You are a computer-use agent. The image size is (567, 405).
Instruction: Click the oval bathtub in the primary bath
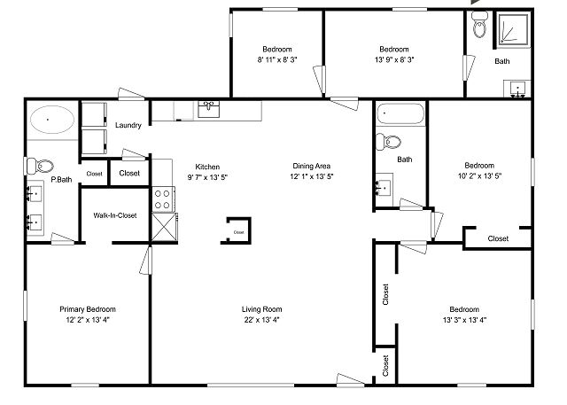coord(52,120)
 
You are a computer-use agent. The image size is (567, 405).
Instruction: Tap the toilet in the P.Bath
coord(41,167)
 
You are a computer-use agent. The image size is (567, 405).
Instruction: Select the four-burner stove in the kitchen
coord(162,199)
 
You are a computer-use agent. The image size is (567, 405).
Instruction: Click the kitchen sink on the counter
coord(209,109)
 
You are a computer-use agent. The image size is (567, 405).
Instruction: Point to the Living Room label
coord(262,309)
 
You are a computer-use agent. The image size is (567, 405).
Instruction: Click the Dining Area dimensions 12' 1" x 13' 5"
coord(311,176)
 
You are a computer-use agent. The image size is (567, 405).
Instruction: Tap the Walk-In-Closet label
coord(115,215)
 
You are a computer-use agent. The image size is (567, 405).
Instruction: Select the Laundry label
coord(128,125)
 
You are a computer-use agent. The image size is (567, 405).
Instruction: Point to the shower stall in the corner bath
coord(513,29)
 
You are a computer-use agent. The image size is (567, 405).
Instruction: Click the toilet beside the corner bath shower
coord(480,25)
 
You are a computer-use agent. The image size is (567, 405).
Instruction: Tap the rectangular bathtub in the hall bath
coord(400,113)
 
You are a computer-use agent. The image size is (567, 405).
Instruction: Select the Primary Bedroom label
coord(88,309)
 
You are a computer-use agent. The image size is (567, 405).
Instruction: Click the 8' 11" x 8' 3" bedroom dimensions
coord(277,59)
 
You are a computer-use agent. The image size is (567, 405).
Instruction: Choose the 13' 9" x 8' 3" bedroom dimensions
coord(394,59)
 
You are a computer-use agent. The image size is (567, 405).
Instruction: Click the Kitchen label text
coord(207,167)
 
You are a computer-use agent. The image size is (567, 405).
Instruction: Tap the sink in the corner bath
coord(517,89)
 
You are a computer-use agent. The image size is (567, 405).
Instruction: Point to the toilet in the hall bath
coord(389,142)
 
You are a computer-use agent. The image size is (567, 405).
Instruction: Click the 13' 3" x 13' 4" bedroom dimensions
coord(464,320)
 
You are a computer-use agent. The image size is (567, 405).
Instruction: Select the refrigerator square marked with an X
coord(164,227)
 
